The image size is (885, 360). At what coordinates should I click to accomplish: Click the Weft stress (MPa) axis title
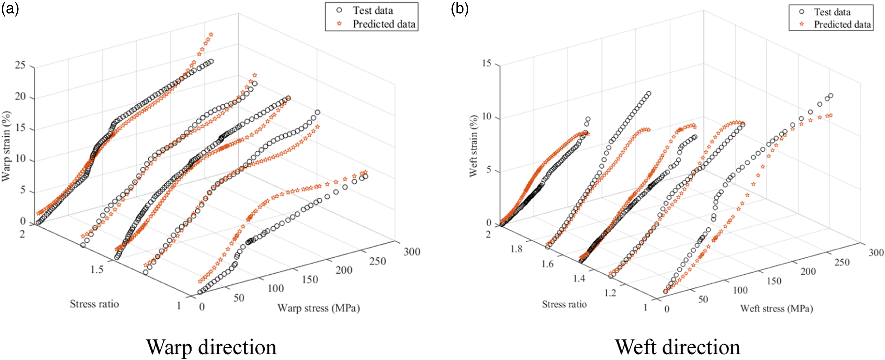776,308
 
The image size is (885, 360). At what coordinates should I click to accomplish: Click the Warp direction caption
211,347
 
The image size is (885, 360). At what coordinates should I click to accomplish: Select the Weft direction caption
678,347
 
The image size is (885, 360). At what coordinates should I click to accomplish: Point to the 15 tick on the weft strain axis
487,64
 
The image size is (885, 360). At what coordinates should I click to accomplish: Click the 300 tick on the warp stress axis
412,252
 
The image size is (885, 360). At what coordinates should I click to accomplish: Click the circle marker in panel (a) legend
339,10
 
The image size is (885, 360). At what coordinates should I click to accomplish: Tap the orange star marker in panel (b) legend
802,24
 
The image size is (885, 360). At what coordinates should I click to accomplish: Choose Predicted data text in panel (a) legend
384,24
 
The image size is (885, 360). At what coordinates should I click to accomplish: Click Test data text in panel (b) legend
832,12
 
